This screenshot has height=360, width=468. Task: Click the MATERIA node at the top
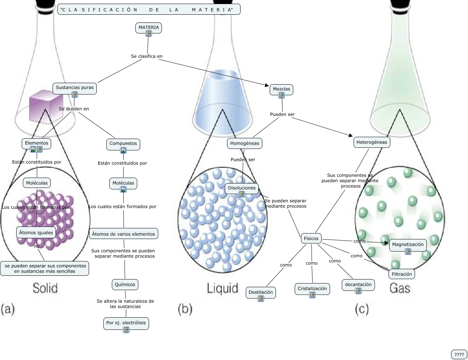(149, 28)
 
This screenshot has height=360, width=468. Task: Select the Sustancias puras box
(75, 88)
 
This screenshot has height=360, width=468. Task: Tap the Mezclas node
(281, 89)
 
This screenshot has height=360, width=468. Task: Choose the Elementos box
(36, 143)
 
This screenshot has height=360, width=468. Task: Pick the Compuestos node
(123, 144)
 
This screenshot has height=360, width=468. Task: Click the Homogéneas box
(245, 143)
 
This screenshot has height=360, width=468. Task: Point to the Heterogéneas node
(372, 142)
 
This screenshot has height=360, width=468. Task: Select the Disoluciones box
(242, 188)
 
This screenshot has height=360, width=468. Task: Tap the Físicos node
(311, 239)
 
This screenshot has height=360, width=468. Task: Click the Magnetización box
(408, 245)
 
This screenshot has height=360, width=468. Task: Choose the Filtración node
(402, 274)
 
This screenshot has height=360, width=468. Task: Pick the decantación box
(358, 285)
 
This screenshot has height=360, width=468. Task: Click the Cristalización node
(312, 289)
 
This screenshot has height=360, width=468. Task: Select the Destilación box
(261, 292)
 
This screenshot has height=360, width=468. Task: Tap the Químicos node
(125, 285)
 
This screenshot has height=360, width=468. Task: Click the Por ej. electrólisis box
(126, 323)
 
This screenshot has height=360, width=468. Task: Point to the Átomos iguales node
(36, 232)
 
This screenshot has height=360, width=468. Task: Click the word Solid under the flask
(45, 288)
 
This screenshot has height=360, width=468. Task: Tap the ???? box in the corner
(459, 354)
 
